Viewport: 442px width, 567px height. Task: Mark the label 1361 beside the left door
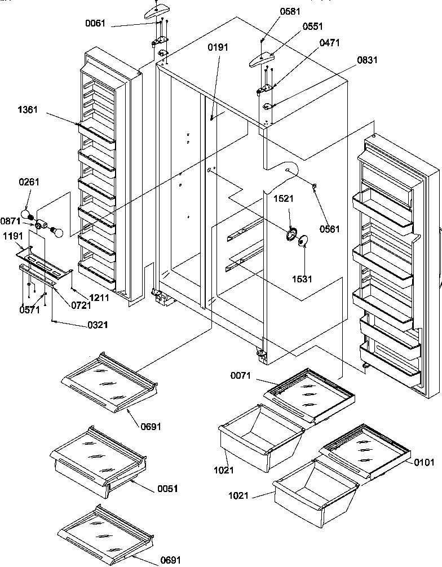click(x=27, y=109)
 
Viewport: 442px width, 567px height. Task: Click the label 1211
click(x=97, y=297)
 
